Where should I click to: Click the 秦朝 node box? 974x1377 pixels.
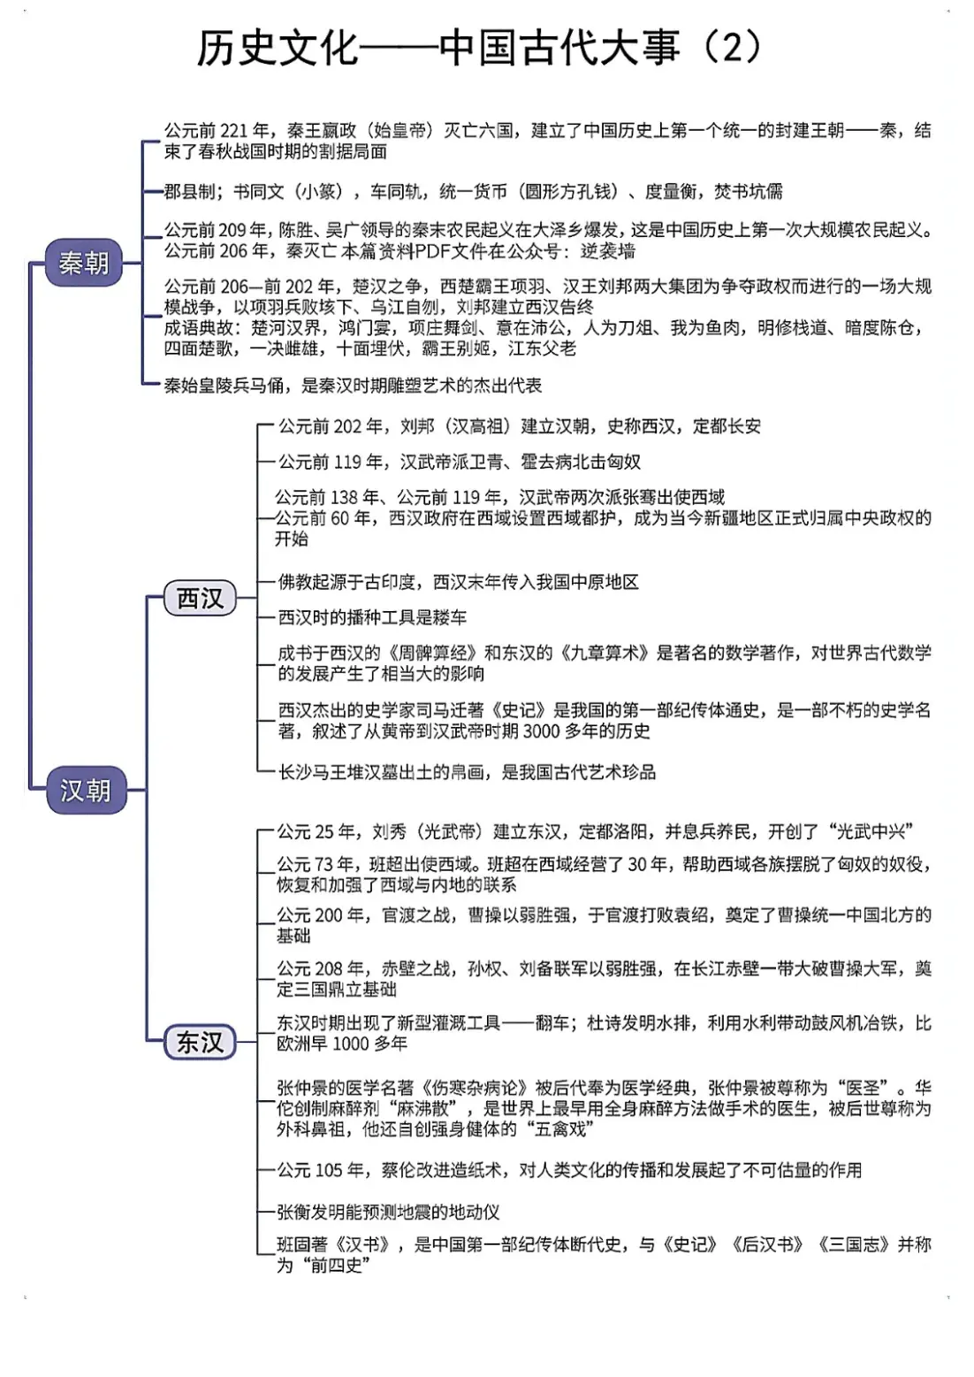(84, 263)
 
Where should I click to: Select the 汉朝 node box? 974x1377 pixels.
(85, 789)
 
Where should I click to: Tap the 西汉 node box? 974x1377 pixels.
(200, 599)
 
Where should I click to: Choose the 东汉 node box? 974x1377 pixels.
(200, 1042)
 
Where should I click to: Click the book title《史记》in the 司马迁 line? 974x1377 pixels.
(514, 710)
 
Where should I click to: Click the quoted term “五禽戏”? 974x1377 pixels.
(559, 1129)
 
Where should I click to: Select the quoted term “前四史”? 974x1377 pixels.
(335, 1266)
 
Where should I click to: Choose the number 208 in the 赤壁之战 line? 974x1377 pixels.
(328, 969)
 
